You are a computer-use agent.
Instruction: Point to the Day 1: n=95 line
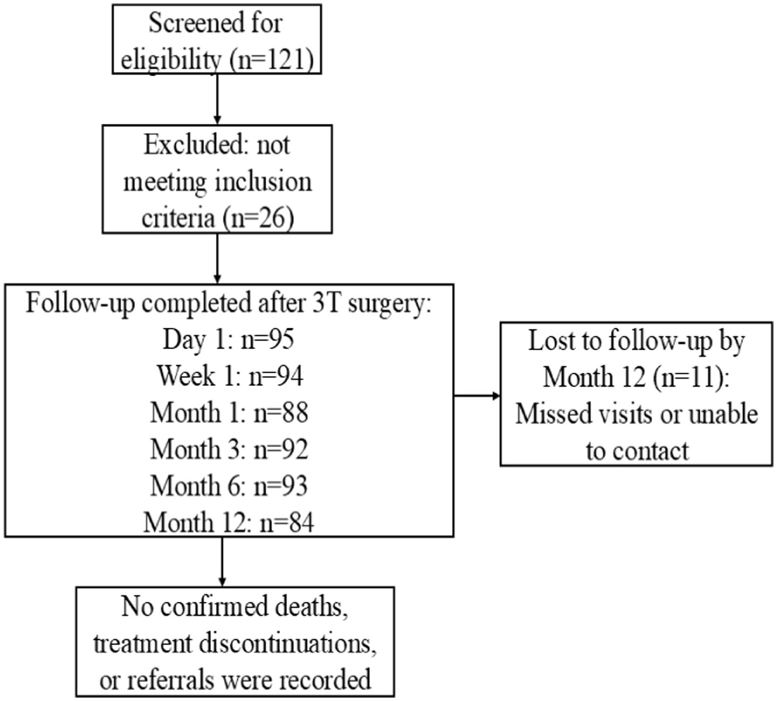point(228,339)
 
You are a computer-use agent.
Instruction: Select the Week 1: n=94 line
point(230,376)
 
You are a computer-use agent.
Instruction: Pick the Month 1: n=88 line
point(229,412)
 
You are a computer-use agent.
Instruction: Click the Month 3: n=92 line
point(229,449)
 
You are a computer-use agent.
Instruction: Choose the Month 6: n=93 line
point(229,486)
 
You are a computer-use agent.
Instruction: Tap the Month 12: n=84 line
point(229,522)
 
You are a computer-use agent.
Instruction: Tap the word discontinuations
point(288,643)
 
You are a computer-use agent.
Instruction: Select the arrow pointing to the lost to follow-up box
point(477,396)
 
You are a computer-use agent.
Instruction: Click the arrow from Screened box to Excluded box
point(217,99)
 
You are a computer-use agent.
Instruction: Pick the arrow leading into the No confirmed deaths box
point(222,561)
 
